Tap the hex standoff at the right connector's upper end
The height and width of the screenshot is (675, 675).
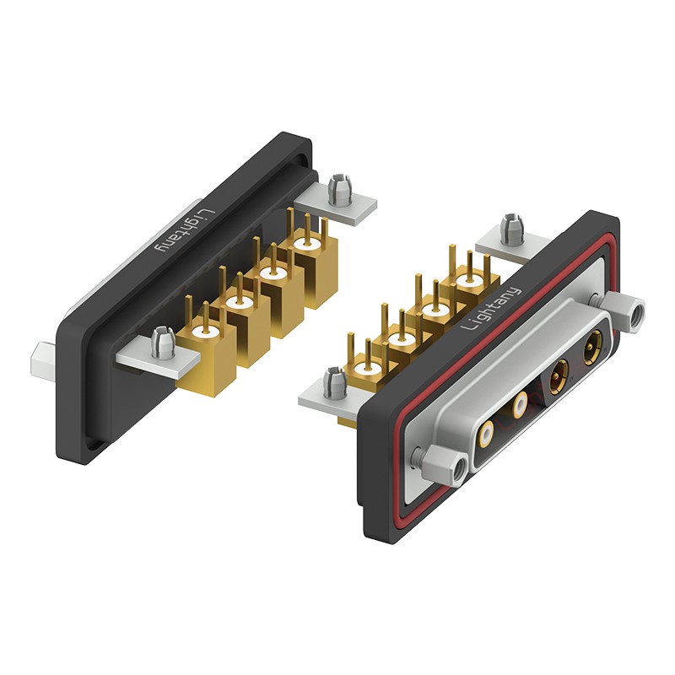click(x=623, y=309)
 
